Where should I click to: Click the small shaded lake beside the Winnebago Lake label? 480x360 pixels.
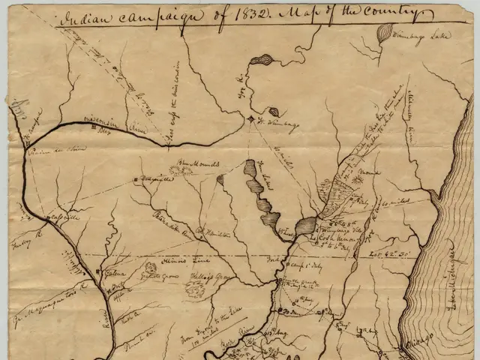(x=385, y=32)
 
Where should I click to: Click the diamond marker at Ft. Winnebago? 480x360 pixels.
(x=251, y=118)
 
